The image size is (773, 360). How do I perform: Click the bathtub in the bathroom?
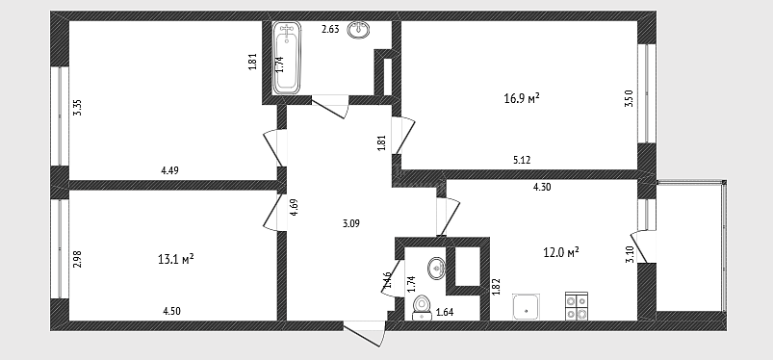[x=287, y=58]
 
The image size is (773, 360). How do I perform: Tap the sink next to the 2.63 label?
[x=359, y=30]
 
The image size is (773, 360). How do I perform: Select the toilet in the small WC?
[x=421, y=307]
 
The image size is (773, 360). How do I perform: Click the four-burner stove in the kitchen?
[x=577, y=306]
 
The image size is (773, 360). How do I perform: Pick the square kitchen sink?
[x=526, y=307]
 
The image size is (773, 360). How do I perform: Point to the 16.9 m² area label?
[x=522, y=99]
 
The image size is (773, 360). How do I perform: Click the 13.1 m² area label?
[x=175, y=259]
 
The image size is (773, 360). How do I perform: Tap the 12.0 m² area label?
[x=561, y=253]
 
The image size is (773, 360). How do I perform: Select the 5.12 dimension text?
[x=522, y=160]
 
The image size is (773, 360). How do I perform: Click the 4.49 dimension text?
[x=169, y=170]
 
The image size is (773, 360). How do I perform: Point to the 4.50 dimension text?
[x=171, y=311]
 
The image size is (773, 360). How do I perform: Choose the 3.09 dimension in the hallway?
[x=351, y=223]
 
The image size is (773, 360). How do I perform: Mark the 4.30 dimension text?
[x=542, y=187]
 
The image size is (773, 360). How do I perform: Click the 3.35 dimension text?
[x=77, y=108]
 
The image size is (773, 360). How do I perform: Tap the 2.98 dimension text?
[x=77, y=259]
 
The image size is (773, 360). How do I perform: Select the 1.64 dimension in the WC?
[x=445, y=312]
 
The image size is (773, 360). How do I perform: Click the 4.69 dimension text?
[x=294, y=207]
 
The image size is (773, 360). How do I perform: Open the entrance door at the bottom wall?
[x=364, y=333]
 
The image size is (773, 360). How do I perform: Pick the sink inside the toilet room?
[x=436, y=269]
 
